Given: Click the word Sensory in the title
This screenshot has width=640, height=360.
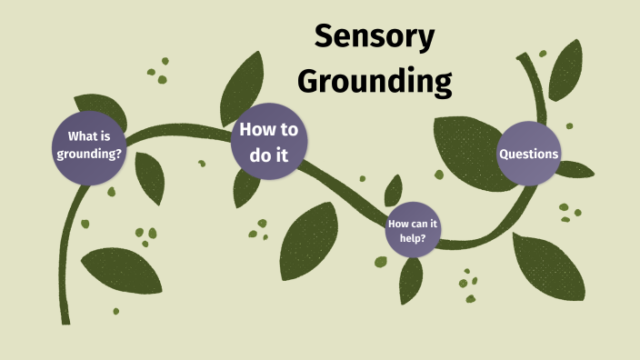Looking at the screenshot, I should (375, 38).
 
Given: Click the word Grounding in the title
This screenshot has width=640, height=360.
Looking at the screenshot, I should (375, 81).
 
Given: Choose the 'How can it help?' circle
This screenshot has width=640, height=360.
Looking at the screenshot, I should (413, 230).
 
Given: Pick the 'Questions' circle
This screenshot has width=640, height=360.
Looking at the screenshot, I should (528, 154).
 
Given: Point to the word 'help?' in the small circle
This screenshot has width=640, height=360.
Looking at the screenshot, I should (413, 238).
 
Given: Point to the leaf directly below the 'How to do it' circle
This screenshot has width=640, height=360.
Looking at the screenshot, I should (245, 187).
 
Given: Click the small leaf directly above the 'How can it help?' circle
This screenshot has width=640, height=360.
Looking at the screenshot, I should (394, 190).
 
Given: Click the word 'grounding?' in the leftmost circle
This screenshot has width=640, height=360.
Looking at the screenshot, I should (89, 154).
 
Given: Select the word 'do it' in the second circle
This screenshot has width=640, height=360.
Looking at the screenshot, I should (269, 155).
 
